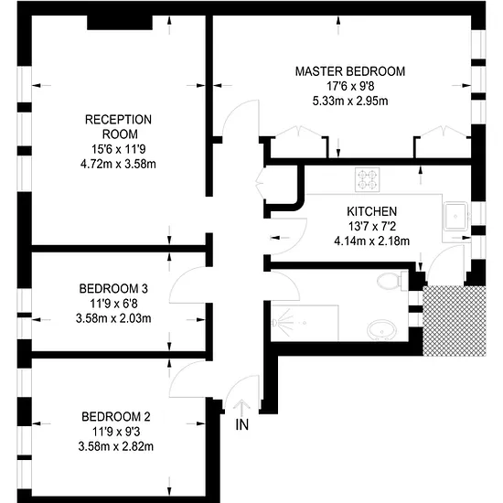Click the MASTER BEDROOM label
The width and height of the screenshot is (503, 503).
[350, 71]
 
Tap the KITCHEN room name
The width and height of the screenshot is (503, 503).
[372, 211]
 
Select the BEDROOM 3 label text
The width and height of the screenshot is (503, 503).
[113, 289]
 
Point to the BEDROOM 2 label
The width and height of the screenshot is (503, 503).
[116, 417]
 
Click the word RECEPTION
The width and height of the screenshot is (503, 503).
[118, 120]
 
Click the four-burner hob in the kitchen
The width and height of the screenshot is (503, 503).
[368, 179]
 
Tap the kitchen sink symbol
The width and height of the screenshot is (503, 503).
[455, 216]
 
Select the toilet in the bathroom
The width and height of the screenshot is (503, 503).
[392, 281]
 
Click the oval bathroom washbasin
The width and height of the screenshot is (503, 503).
[381, 331]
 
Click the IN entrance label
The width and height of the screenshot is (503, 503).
[241, 424]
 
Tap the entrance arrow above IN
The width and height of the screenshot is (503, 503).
[241, 407]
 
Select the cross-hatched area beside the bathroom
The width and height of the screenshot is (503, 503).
[455, 321]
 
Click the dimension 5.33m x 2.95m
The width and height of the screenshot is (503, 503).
[350, 101]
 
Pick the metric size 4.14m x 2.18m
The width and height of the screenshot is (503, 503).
[372, 241]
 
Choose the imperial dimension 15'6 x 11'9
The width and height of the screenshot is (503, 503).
[118, 149]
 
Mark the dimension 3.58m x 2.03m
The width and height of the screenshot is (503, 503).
[113, 318]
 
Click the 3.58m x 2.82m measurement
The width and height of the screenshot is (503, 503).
[116, 446]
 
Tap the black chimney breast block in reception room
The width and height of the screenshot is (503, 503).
[120, 23]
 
